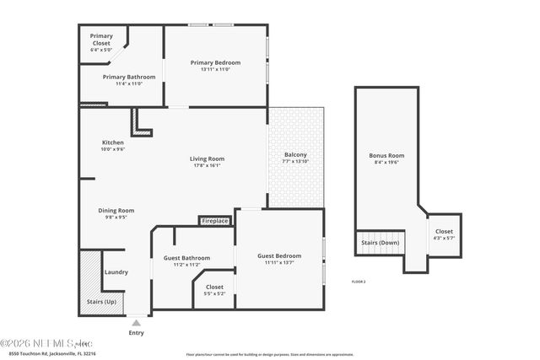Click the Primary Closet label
101,40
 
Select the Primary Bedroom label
215,62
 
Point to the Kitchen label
112,142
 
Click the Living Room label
206,159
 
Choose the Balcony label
295,154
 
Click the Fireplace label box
215,221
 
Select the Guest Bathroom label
186,258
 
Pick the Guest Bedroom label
278,255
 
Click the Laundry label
116,271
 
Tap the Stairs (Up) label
102,301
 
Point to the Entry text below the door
136,332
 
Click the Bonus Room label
386,155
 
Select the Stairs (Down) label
381,242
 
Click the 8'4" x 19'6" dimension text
386,163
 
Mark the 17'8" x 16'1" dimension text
206,165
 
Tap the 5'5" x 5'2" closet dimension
214,293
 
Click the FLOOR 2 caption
358,281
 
